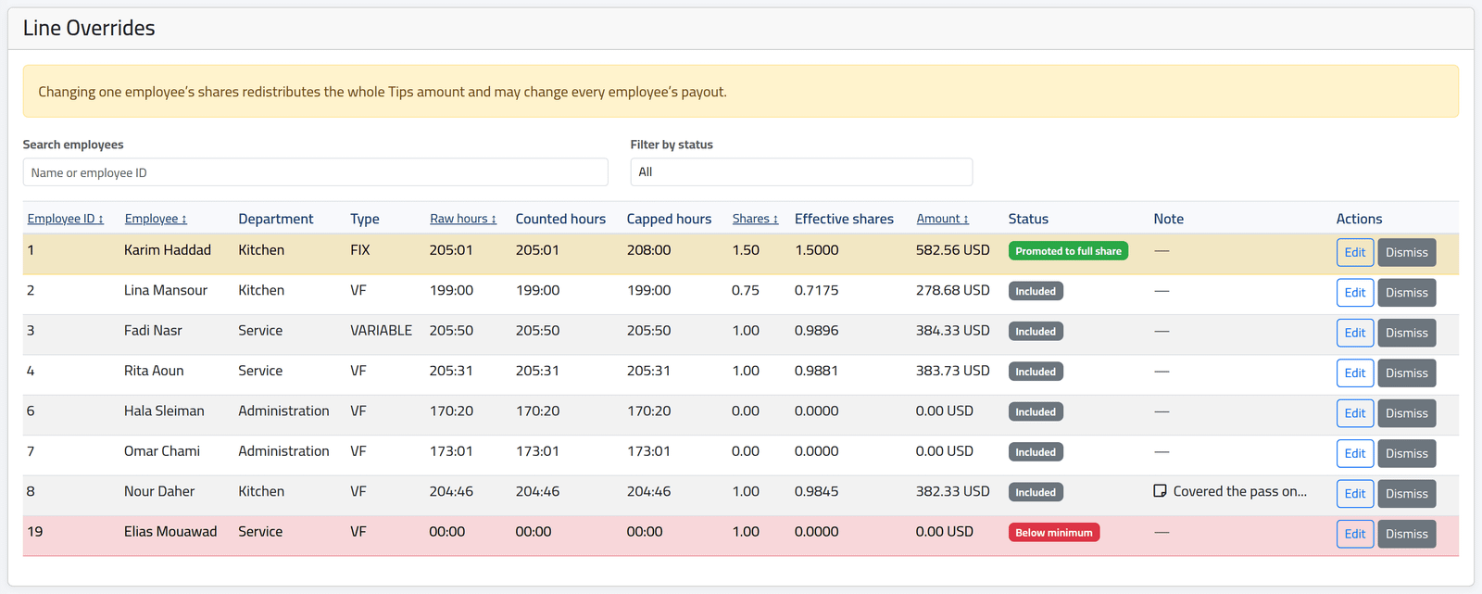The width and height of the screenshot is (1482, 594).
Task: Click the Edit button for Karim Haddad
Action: click(x=1354, y=252)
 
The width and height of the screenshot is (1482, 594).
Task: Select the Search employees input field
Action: click(x=315, y=172)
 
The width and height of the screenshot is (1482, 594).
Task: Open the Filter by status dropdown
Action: click(x=801, y=172)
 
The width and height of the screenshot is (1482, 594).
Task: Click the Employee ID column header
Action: click(x=66, y=219)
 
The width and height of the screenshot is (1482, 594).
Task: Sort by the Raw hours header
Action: click(x=462, y=219)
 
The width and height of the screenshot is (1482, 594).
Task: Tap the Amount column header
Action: click(x=942, y=219)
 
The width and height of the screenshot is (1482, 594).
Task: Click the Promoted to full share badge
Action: click(x=1068, y=251)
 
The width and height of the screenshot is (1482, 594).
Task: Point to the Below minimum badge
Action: click(x=1054, y=533)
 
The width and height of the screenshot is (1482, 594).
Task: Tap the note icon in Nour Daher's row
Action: click(x=1160, y=491)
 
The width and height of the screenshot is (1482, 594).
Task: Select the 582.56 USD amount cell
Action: click(x=953, y=250)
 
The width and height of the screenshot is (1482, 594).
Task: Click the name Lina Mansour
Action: click(x=166, y=290)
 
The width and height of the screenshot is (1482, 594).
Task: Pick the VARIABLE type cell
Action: click(x=381, y=331)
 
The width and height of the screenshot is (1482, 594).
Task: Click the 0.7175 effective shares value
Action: click(x=816, y=290)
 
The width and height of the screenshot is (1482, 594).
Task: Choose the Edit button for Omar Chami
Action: click(x=1354, y=454)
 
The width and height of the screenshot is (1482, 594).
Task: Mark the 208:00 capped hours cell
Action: click(x=648, y=250)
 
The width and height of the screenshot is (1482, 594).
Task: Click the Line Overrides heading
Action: click(x=89, y=28)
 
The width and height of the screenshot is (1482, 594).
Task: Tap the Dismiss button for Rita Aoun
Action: click(x=1407, y=373)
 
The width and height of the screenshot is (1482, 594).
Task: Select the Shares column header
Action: click(x=755, y=219)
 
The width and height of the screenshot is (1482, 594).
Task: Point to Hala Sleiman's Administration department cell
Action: click(x=283, y=411)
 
